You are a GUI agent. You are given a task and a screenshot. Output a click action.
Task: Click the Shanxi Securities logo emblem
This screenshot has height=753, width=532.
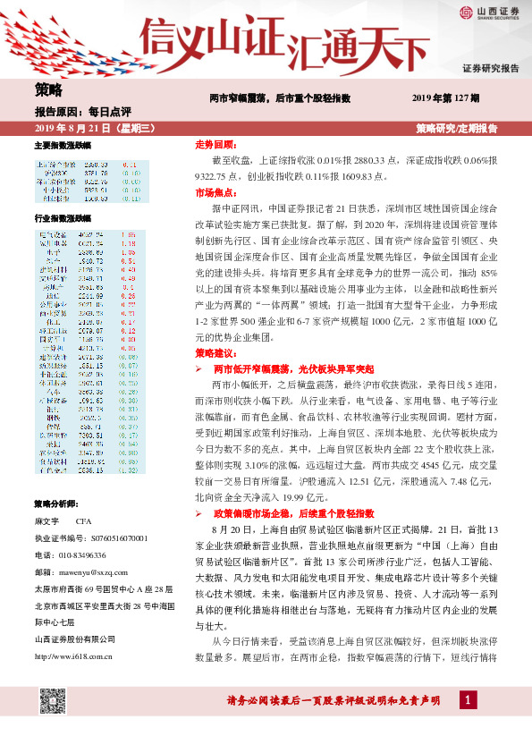[466, 12]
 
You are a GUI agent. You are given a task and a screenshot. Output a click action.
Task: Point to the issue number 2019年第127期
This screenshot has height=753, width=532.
[445, 97]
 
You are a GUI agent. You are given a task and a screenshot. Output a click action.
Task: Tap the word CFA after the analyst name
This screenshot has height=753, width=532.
[84, 520]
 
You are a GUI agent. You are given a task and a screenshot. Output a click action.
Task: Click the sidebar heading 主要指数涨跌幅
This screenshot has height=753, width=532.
[62, 145]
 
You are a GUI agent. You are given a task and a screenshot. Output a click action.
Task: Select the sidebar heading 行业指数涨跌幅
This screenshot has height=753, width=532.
[62, 218]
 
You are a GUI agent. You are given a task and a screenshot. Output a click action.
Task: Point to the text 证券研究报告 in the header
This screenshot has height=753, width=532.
[490, 69]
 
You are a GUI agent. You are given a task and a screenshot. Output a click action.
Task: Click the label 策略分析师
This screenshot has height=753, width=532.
[56, 503]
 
